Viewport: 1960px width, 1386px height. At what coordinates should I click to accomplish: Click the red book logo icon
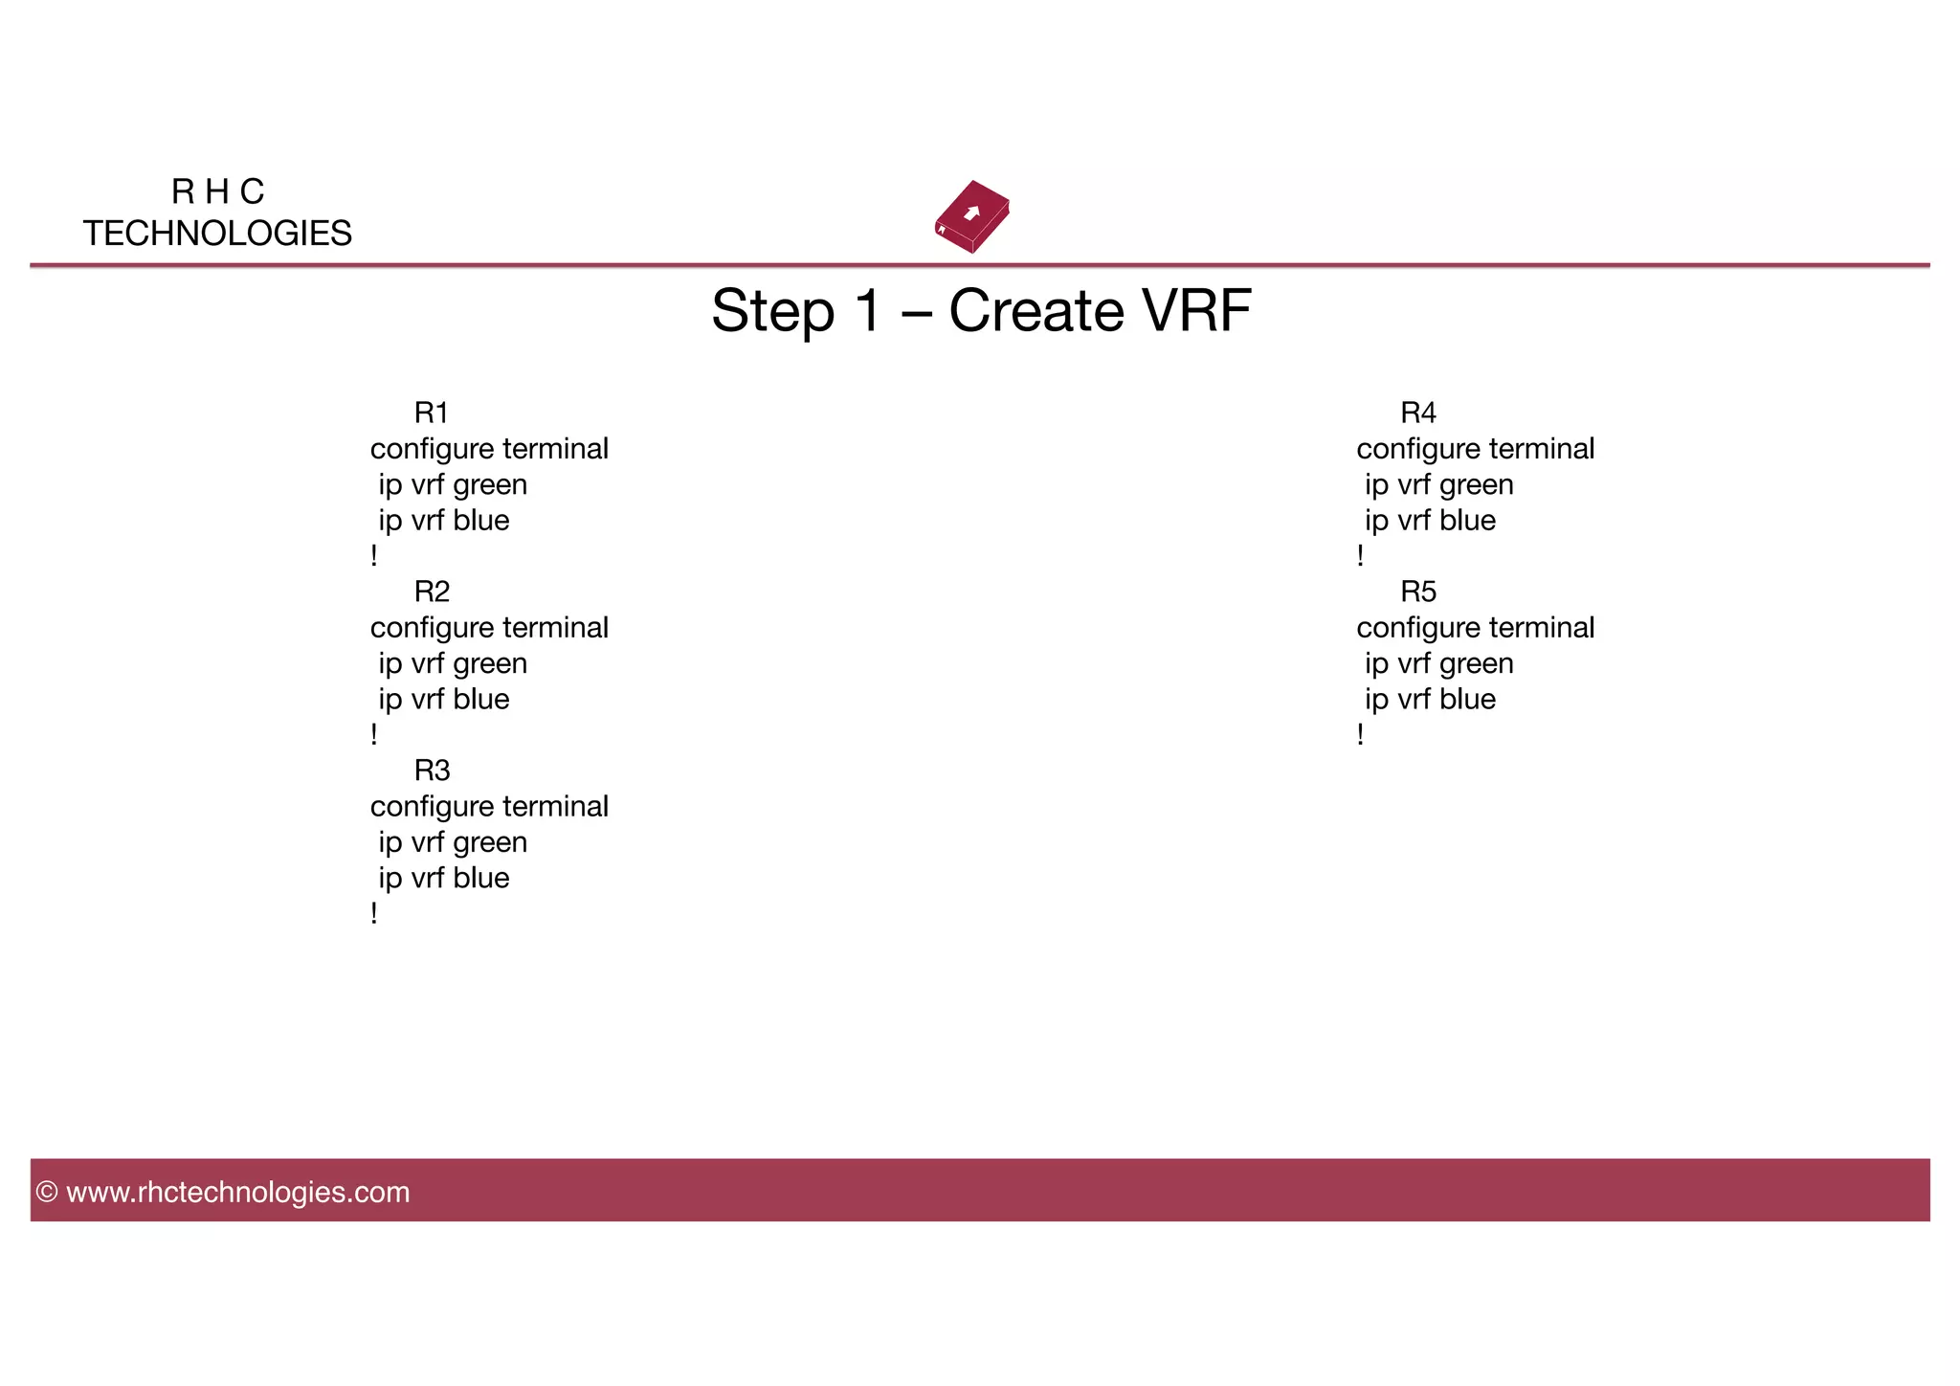coord(972,216)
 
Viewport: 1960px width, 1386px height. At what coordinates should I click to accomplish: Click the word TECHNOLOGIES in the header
coord(217,234)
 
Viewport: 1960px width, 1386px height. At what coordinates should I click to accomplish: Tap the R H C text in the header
coord(217,191)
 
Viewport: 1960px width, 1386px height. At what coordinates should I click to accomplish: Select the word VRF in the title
coord(1196,311)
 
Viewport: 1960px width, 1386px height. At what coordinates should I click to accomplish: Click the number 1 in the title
coord(867,311)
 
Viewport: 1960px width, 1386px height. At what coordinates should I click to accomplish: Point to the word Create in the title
coord(1036,311)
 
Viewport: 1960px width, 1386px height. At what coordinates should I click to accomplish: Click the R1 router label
coord(432,413)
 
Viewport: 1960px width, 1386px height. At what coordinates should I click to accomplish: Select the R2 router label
coord(432,592)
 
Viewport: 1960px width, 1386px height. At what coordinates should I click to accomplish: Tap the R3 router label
coord(432,771)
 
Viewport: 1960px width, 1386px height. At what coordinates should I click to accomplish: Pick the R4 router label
coord(1418,413)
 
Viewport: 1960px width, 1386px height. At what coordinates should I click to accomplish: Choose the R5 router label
coord(1418,592)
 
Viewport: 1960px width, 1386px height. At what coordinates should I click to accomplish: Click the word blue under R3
coord(481,878)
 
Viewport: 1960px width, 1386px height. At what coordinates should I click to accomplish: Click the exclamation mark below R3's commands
coord(374,913)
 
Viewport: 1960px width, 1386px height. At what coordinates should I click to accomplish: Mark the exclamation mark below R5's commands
coord(1360,734)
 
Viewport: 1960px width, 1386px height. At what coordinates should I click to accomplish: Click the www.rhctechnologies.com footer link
coord(238,1192)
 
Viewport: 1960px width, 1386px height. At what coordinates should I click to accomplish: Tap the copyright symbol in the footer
coord(47,1192)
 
